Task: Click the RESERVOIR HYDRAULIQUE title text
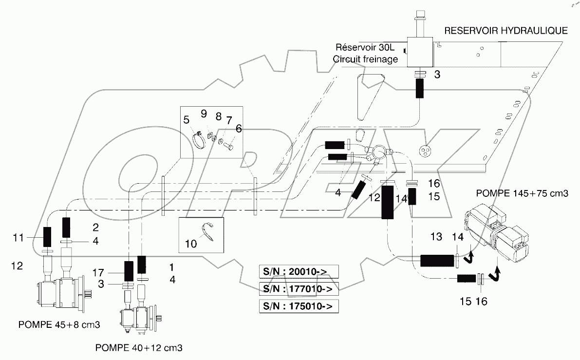(505, 31)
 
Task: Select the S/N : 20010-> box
(298, 272)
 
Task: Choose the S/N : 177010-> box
(298, 289)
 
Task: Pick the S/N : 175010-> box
(298, 306)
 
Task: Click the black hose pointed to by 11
(48, 237)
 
